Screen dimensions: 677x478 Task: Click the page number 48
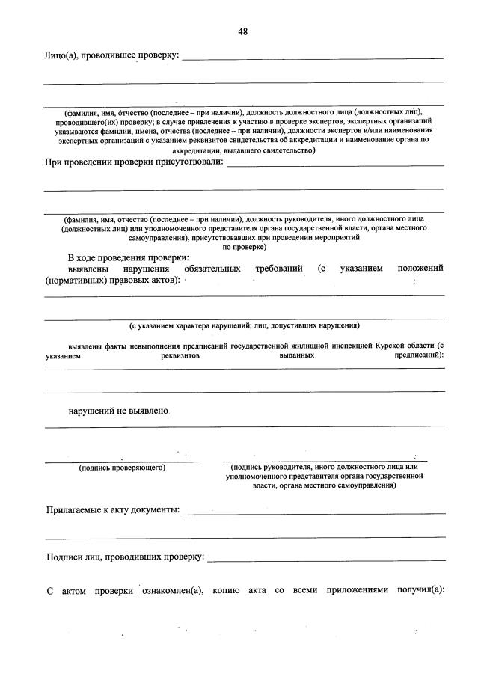243,31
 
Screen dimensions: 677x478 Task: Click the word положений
420,269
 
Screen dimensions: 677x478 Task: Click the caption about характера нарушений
244,325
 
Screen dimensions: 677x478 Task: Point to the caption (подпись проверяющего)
122,468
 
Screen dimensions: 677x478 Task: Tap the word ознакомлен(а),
169,590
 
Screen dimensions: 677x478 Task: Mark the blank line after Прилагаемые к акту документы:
314,513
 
